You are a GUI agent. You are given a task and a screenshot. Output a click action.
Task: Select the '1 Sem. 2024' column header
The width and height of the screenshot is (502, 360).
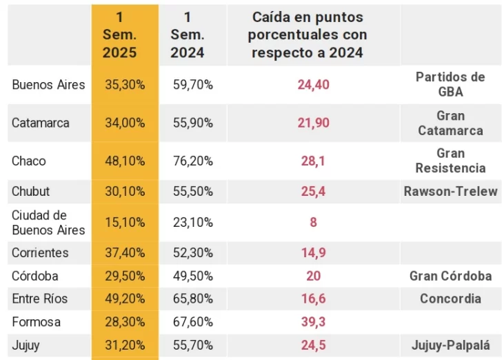[x=188, y=34]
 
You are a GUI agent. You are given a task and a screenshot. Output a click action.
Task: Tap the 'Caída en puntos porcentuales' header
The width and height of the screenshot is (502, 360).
[x=308, y=34]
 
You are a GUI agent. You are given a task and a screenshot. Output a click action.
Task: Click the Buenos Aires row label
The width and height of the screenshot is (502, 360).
[x=48, y=85]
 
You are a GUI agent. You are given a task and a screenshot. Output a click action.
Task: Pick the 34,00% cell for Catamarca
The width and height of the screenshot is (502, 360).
[x=125, y=123]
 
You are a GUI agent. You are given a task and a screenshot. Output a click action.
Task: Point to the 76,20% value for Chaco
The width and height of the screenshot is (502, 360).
[x=192, y=161]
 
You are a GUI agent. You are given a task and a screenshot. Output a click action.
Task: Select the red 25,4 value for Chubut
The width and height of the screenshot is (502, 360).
[x=314, y=191]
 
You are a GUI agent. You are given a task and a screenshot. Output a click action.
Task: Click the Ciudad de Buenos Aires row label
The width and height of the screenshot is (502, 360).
[x=48, y=222]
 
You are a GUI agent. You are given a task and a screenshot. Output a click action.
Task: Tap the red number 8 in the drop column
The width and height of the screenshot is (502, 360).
[x=314, y=222]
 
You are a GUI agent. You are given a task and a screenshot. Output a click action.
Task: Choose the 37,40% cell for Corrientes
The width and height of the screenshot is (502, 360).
[x=125, y=252]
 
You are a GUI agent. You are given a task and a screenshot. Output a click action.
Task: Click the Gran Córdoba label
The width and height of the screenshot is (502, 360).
[x=450, y=276]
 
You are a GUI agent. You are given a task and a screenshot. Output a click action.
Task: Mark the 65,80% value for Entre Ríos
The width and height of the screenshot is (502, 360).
[x=192, y=299]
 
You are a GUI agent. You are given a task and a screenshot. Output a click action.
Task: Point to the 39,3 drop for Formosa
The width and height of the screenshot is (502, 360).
[x=314, y=322]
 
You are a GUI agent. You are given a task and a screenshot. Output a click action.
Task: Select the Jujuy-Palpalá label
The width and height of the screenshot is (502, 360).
[x=450, y=345]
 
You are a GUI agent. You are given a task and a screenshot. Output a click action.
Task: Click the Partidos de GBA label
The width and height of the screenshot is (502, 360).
[x=450, y=84]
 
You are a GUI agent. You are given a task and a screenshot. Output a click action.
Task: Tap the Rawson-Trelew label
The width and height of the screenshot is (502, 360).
[x=450, y=191]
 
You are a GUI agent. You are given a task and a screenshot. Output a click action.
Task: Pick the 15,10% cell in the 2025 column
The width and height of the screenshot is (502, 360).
[x=125, y=222]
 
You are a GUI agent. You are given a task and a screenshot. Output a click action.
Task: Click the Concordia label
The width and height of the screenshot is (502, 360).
[x=450, y=299]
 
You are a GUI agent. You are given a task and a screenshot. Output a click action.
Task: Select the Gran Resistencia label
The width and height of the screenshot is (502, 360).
[x=450, y=160]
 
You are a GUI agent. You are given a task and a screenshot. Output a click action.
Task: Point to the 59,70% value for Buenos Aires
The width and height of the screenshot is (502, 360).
[x=192, y=85]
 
